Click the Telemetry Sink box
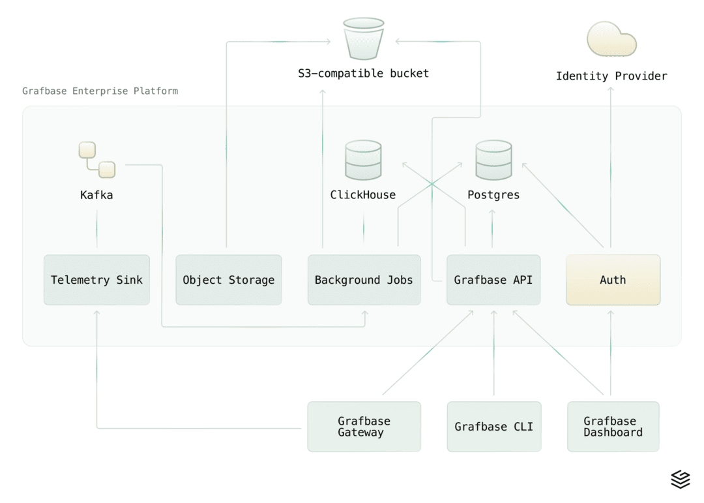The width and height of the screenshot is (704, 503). point(96,280)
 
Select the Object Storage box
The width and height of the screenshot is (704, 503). point(228,280)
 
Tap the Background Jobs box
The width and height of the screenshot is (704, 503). point(364,280)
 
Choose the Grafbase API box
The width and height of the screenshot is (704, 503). point(493,280)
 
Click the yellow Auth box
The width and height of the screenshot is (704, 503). point(613,280)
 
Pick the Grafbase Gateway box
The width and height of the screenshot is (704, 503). point(364,427)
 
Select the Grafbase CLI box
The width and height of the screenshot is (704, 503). point(493,427)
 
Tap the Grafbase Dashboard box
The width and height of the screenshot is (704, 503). point(613,427)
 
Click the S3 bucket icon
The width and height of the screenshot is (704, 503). point(364,38)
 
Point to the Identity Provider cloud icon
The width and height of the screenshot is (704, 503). point(611,39)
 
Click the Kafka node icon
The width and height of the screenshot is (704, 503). point(96,160)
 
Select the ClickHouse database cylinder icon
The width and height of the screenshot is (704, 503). point(363,160)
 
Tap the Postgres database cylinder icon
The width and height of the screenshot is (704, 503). point(493,160)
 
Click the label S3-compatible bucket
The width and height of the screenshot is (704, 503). point(364,73)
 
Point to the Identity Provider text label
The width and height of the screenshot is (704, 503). point(611,76)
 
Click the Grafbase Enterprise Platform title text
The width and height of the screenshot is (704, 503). point(100,91)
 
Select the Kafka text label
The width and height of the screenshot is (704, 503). point(96,195)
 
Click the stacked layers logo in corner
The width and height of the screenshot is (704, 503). point(680,480)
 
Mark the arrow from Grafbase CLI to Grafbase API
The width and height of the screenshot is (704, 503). point(493,352)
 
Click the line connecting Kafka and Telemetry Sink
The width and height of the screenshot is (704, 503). point(96,228)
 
